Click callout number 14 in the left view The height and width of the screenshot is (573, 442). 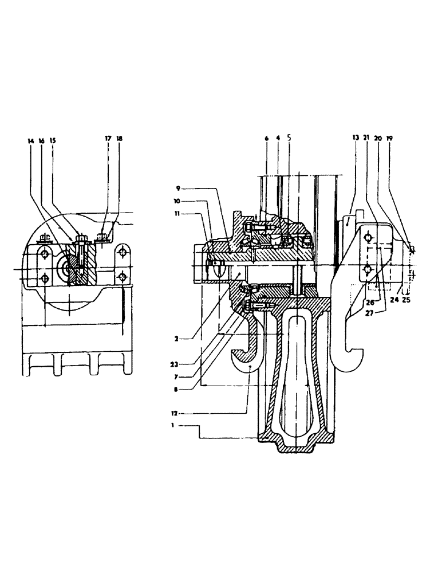click(x=30, y=140)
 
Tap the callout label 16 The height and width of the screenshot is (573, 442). click(x=41, y=140)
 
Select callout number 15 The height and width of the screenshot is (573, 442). click(x=52, y=140)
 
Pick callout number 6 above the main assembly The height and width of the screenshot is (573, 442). click(x=267, y=139)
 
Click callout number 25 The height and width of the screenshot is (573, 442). click(x=407, y=299)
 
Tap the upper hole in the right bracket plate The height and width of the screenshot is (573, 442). click(x=368, y=237)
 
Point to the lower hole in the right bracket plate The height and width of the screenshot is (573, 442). click(x=368, y=269)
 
